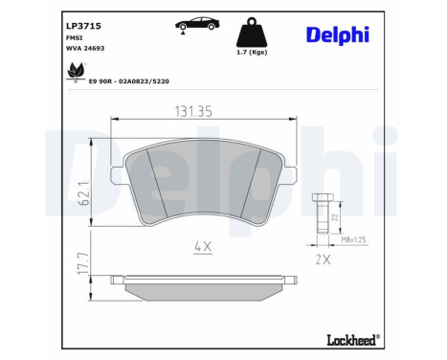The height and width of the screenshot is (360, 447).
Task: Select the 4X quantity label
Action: click(203, 246)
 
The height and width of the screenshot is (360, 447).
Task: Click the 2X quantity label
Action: click(322, 258)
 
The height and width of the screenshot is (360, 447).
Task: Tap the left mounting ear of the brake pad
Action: click(120, 176)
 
